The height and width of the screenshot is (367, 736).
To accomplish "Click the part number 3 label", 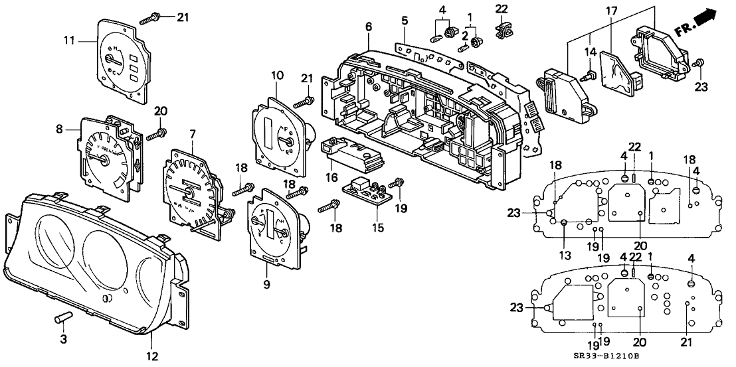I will [63, 340].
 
